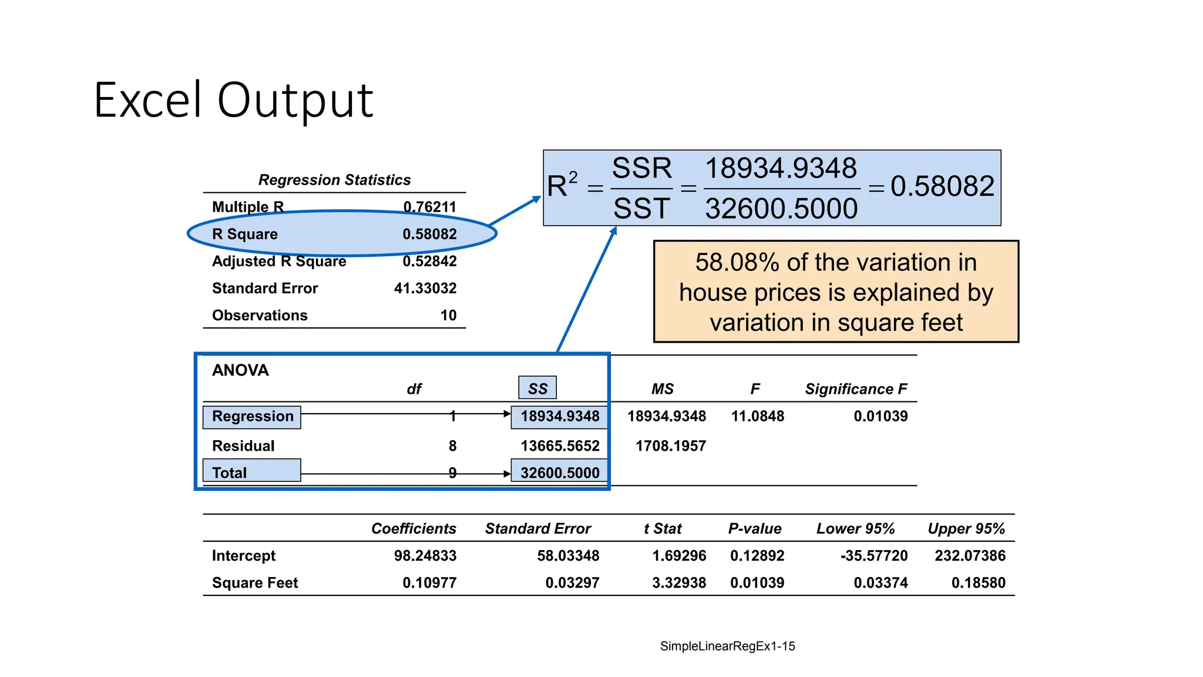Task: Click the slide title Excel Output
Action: click(233, 100)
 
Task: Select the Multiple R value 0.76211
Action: click(429, 207)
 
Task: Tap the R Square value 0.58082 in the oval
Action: click(429, 234)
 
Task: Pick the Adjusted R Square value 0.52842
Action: click(429, 261)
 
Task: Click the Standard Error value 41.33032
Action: click(425, 288)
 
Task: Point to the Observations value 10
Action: click(448, 316)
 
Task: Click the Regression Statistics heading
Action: click(334, 180)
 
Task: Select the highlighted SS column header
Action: click(537, 388)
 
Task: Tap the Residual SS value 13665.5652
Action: click(560, 446)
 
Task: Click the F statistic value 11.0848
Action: click(757, 416)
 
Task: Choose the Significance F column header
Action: click(856, 389)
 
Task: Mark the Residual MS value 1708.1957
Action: click(670, 446)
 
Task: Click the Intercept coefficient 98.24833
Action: click(425, 555)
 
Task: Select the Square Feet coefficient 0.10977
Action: click(429, 582)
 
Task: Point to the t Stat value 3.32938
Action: click(679, 582)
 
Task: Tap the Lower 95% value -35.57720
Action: click(874, 555)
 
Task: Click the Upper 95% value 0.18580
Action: click(978, 582)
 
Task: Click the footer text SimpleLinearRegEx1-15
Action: click(727, 646)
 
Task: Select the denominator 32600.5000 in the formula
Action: click(781, 209)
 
